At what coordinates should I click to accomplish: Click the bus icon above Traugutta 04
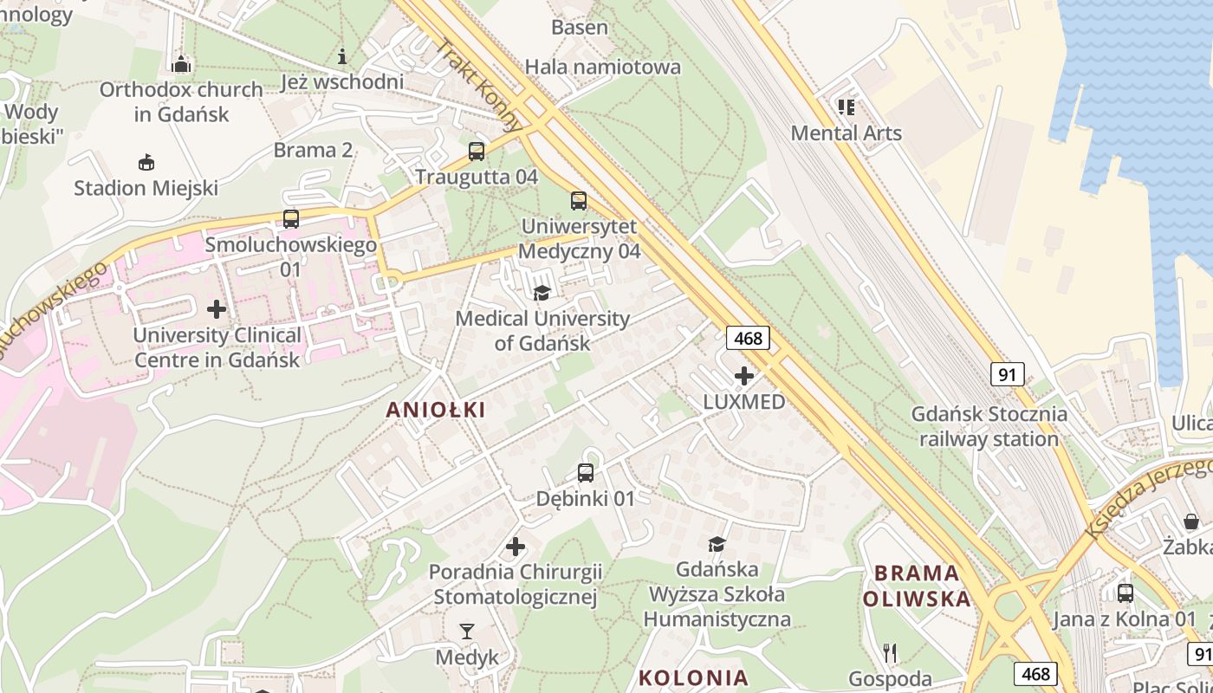476,152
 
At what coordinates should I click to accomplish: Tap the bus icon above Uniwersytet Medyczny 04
579,201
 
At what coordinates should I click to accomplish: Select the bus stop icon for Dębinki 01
586,473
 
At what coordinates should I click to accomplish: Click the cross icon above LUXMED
743,376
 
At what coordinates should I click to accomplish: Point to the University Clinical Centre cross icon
217,309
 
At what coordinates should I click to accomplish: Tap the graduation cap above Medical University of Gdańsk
542,293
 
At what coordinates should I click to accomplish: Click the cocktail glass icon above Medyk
467,631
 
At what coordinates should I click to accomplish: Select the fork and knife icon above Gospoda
890,652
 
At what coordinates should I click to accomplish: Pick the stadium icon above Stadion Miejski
146,162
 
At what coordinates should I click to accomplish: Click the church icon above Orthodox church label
181,64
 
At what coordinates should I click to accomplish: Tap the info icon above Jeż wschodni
342,57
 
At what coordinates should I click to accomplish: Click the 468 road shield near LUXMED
747,338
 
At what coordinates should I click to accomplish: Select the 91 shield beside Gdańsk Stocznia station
1007,374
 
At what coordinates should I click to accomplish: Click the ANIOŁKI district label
436,410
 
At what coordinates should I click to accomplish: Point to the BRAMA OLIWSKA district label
917,586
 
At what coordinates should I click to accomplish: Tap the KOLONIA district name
692,677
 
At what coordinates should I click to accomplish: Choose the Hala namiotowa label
603,67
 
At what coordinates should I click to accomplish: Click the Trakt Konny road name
479,85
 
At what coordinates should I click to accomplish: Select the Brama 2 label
313,150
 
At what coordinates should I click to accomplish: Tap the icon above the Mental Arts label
846,107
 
